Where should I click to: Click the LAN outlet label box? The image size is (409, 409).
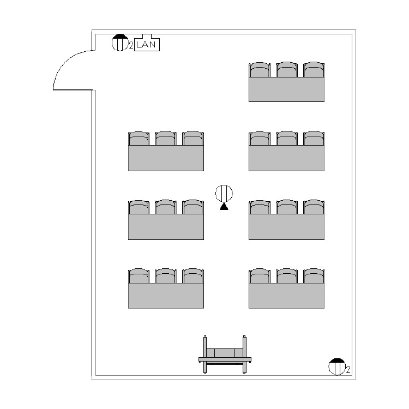146,44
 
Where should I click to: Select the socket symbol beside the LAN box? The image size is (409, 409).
119,43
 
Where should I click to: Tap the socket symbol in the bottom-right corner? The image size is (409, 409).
336,366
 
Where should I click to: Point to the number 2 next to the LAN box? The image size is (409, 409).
131,46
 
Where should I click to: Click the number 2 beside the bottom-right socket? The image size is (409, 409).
348,371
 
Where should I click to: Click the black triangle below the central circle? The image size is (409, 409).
224,207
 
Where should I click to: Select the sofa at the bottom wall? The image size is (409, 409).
225,357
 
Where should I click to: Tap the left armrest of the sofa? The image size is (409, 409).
205,354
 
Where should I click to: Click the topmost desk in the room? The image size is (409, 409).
286,89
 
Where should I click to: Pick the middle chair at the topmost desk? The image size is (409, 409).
286,70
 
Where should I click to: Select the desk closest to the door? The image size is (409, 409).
166,158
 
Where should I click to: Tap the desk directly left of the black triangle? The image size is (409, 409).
166,226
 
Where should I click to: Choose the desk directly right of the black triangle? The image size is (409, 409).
286,226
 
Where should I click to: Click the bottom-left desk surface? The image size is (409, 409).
166,296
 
